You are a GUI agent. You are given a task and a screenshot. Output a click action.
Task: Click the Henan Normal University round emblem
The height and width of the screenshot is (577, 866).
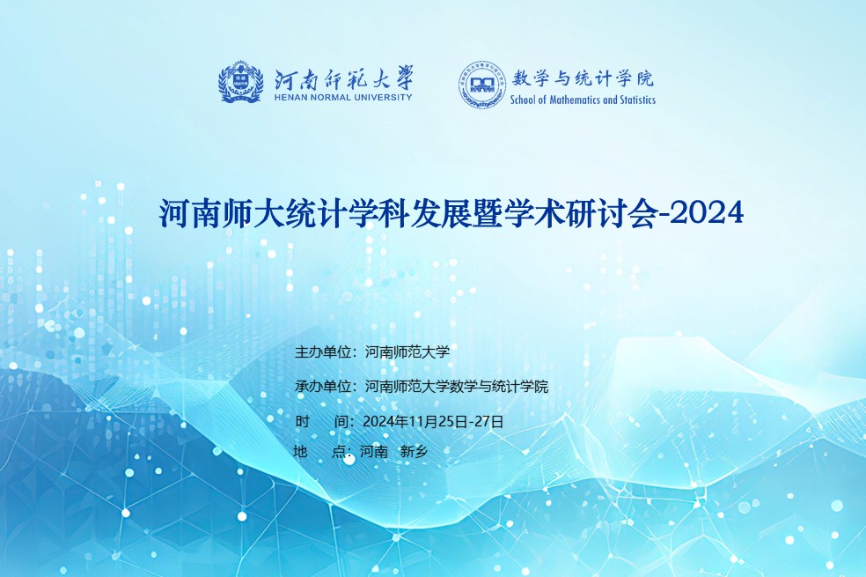(x=240, y=82)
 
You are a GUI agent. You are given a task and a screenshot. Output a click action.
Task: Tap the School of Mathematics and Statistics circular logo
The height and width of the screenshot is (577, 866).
(x=481, y=85)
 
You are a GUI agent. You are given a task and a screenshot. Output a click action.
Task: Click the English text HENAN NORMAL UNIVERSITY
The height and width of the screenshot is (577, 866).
(x=343, y=97)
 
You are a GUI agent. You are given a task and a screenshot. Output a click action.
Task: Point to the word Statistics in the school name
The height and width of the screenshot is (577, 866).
(x=637, y=100)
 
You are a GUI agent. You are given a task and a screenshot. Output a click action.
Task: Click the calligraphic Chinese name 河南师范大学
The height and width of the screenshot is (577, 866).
(x=343, y=78)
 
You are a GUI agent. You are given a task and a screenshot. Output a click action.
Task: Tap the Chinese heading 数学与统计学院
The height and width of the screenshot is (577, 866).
(x=583, y=78)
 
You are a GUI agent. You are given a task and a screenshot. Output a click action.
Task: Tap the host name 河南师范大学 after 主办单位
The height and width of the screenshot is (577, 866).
(x=407, y=352)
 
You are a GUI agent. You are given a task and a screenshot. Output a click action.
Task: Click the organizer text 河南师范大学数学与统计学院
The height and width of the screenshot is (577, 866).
(x=456, y=387)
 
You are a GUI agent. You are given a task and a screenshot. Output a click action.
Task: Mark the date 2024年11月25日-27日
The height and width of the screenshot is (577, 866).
(x=433, y=422)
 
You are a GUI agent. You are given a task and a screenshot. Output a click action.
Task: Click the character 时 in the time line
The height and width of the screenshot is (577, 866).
(x=302, y=422)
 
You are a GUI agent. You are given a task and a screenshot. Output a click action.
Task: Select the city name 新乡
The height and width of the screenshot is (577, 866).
(x=414, y=452)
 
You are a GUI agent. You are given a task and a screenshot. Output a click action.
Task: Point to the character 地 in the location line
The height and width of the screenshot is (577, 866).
(x=300, y=452)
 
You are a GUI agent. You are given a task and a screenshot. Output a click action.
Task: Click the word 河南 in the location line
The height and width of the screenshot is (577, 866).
(x=374, y=452)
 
